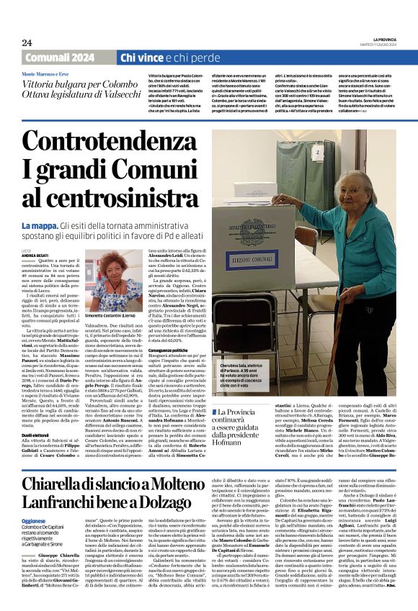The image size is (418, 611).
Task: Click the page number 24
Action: click(27, 42)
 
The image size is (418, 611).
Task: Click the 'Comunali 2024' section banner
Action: click(58, 58)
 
